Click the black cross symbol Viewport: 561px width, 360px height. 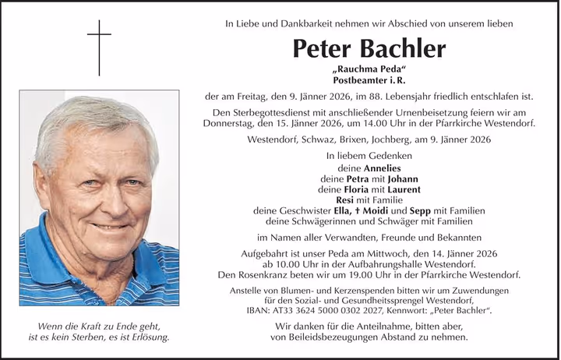click(99, 38)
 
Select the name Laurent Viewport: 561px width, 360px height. click(399, 189)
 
